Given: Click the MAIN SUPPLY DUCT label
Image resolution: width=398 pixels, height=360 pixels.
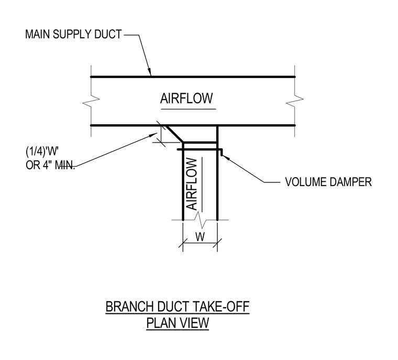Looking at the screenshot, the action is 73,34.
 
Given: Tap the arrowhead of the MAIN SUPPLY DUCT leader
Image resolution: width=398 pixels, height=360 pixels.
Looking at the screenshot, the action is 149,72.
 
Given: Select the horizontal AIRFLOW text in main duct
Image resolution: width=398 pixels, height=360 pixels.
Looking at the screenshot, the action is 186,99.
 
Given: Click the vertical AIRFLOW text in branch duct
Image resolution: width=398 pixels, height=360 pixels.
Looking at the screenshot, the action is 192,184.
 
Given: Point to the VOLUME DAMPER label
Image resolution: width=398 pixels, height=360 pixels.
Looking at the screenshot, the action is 328,182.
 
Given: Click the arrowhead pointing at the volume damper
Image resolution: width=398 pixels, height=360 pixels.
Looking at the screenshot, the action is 225,158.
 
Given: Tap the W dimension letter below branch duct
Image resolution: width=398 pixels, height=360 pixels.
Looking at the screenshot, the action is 200,237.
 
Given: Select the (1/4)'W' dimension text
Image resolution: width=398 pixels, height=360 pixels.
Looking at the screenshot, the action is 42,151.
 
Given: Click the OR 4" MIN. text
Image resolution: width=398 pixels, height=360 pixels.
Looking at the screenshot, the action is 50,165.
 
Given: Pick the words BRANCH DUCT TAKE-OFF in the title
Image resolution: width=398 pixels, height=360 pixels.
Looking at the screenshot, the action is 178,307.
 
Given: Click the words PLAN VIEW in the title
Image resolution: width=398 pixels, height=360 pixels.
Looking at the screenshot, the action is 178,323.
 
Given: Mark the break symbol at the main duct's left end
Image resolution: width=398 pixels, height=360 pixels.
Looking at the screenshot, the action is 91,101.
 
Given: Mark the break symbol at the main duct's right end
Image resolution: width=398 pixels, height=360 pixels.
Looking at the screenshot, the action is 295,101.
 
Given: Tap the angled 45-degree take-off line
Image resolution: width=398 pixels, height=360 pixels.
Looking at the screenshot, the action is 174,134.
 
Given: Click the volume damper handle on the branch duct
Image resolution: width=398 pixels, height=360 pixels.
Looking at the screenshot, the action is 200,150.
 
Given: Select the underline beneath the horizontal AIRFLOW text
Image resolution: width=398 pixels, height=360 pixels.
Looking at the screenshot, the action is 189,109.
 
